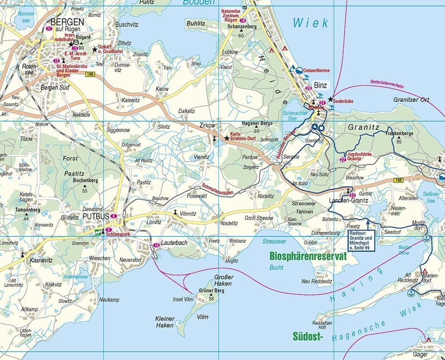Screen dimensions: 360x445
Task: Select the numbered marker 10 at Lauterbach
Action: point(156,245)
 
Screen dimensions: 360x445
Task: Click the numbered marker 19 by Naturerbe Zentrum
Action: point(243,20)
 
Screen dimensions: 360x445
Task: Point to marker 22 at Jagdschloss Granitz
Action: point(343,159)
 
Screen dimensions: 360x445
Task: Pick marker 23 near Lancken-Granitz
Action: point(352,195)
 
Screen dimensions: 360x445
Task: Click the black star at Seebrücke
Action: point(331,99)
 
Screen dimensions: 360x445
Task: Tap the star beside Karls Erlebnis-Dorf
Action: point(227,138)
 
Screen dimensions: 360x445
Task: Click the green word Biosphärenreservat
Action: point(308,256)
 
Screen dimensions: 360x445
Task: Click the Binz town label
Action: point(320,85)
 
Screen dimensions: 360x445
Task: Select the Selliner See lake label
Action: point(431,198)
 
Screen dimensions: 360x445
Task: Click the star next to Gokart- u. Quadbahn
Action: point(94,49)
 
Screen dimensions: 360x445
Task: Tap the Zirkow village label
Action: point(207,125)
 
